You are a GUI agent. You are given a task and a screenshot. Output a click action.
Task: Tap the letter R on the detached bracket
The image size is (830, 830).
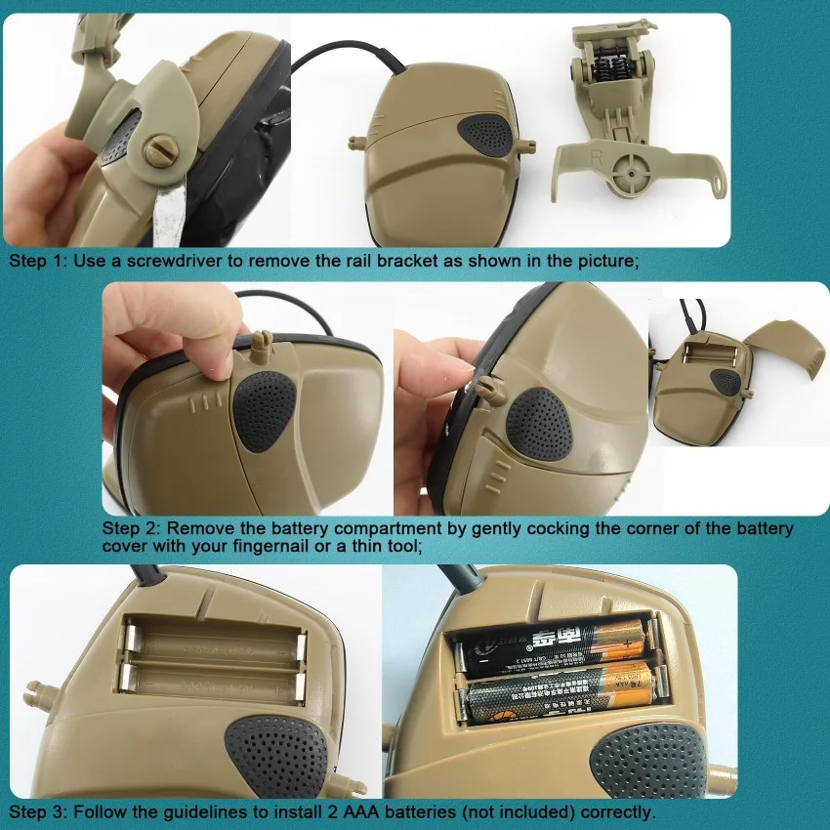[593, 155]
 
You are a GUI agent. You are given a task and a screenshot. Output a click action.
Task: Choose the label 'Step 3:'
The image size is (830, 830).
[37, 811]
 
